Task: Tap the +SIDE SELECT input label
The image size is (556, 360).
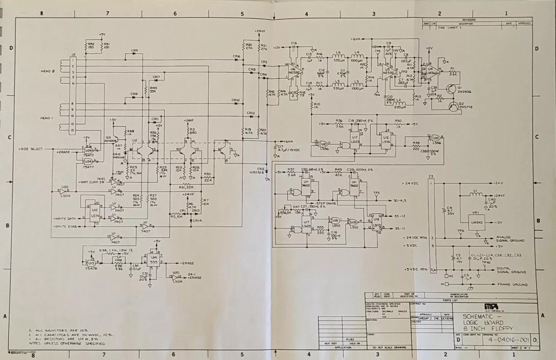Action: pyautogui.click(x=31, y=149)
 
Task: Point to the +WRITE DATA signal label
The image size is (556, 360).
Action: pyautogui.click(x=65, y=219)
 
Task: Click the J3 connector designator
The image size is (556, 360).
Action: pyautogui.click(x=430, y=176)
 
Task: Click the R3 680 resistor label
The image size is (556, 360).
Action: pyautogui.click(x=192, y=131)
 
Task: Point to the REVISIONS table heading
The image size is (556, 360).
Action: pyautogui.click(x=469, y=20)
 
